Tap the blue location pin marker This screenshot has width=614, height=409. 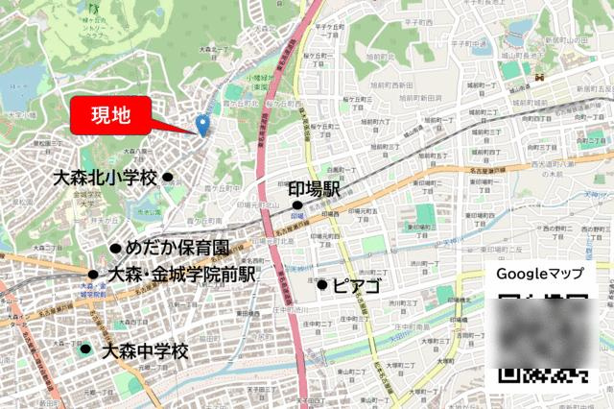pos(202,125)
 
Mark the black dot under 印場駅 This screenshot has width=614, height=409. pos(297,204)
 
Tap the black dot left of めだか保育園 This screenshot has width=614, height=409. pos(115,248)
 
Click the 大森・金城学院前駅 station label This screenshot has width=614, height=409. pos(182,275)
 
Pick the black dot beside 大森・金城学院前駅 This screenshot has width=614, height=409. pos(93,275)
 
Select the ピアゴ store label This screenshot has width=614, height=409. pos(357,285)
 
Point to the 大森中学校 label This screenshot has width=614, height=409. pos(144,350)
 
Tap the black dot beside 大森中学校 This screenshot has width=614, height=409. pos(86,349)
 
